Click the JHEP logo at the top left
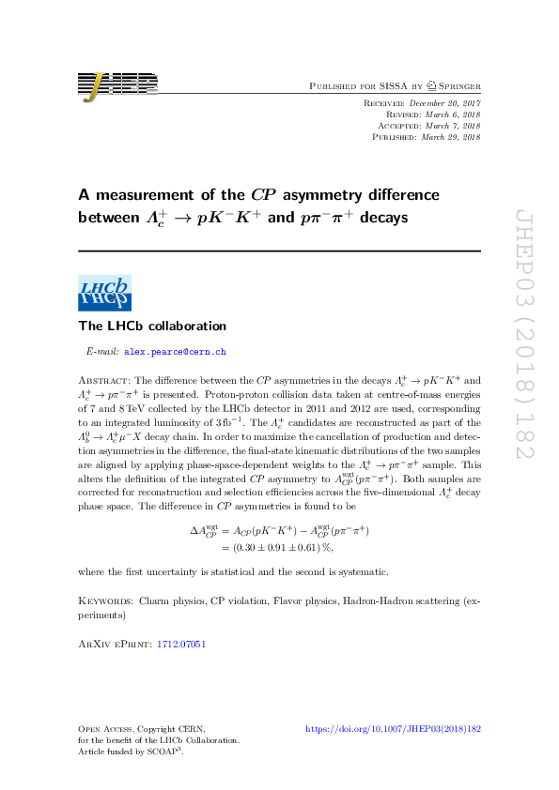(x=117, y=85)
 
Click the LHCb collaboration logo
(x=104, y=294)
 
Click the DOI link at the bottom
(x=394, y=728)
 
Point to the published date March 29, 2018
(x=451, y=137)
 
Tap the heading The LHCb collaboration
(x=152, y=327)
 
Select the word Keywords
(x=104, y=597)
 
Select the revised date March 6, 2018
(x=451, y=114)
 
